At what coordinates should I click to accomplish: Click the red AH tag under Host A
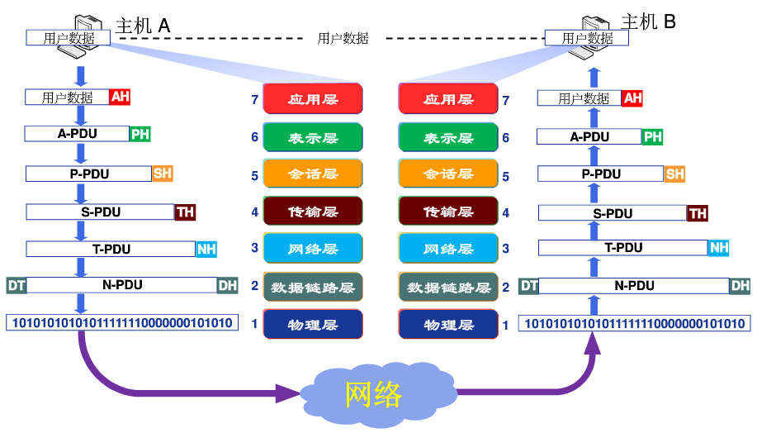(121, 97)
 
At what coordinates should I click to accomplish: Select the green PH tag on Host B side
(653, 137)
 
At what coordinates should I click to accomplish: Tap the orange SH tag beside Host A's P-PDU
(163, 174)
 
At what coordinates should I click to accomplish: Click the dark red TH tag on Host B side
(698, 213)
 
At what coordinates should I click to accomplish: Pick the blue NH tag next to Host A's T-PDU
(206, 249)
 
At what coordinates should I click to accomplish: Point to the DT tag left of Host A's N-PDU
(16, 285)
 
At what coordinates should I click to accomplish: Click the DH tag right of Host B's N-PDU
(740, 286)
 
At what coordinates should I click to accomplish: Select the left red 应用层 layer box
(313, 99)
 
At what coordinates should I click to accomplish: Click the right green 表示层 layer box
(448, 138)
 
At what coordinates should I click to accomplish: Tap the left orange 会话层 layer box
(313, 174)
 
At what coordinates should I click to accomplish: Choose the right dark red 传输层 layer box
(448, 212)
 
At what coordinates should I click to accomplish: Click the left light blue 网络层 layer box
(313, 249)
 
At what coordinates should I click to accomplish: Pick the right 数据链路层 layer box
(448, 288)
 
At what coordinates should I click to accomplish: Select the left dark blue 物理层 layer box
(313, 325)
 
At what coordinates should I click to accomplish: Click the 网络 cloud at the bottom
(374, 394)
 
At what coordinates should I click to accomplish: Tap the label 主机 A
(142, 26)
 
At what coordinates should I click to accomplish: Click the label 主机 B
(648, 22)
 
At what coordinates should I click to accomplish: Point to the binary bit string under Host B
(634, 323)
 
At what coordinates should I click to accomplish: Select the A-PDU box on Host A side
(77, 133)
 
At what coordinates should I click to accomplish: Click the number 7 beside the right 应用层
(505, 100)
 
